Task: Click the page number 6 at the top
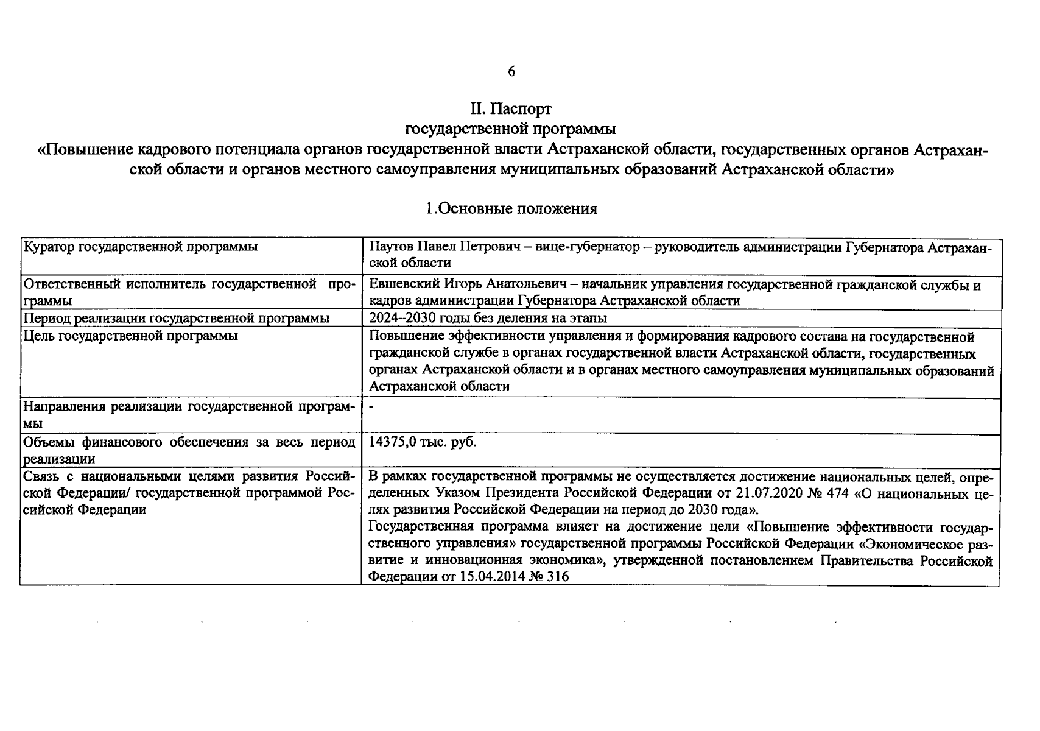click(x=511, y=72)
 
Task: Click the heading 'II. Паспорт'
click(x=511, y=109)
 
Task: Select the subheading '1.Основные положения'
click(x=511, y=209)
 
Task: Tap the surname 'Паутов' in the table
click(x=392, y=247)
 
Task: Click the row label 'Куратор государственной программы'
click(x=140, y=247)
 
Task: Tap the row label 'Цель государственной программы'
click(x=130, y=336)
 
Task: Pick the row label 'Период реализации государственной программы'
click(x=176, y=318)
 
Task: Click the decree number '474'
click(x=838, y=493)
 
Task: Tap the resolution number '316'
click(x=558, y=576)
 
